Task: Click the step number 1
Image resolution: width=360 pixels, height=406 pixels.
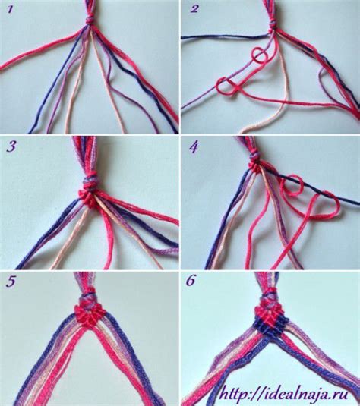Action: click(x=10, y=10)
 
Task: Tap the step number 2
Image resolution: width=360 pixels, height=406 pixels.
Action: click(x=194, y=9)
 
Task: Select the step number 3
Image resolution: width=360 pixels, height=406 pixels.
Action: click(x=11, y=146)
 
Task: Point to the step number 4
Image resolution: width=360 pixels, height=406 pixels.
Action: click(x=194, y=148)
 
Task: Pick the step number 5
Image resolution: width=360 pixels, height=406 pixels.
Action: click(x=11, y=282)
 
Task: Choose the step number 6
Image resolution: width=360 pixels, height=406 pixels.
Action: click(x=191, y=281)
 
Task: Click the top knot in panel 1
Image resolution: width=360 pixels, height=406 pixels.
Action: click(x=90, y=20)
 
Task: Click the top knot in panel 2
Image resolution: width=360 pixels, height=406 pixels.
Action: click(x=273, y=26)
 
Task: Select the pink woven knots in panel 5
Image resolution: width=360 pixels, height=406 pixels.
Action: click(x=91, y=316)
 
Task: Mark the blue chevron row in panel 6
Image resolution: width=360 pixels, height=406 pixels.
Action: click(x=271, y=328)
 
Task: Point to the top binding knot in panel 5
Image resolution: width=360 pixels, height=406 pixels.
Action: click(x=89, y=299)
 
